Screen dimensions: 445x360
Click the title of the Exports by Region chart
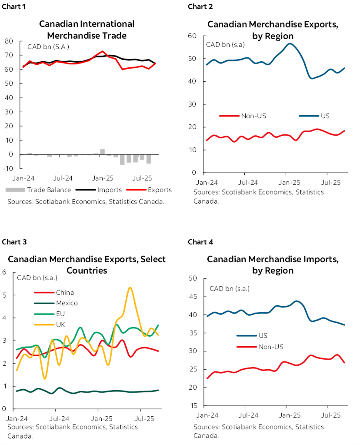pyautogui.click(x=273, y=30)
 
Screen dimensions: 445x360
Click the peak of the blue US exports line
pyautogui.click(x=290, y=43)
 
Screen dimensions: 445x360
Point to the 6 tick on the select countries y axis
pyautogui.click(x=4, y=273)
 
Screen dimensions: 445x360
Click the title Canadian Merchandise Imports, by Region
pyautogui.click(x=273, y=265)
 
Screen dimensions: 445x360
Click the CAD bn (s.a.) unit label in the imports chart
pyautogui.click(x=229, y=288)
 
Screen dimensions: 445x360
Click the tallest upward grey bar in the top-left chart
pyautogui.click(x=103, y=151)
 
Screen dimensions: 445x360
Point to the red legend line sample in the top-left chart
pyautogui.click(x=137, y=190)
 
